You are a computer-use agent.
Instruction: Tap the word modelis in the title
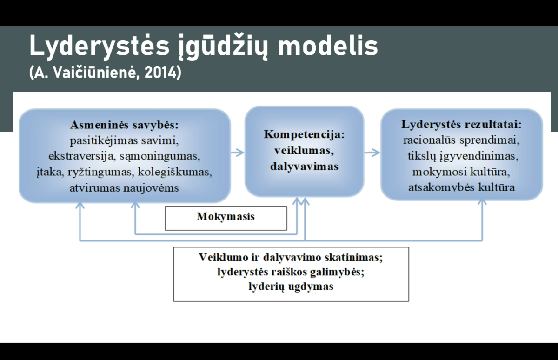tap(327, 46)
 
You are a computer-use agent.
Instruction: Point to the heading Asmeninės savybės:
tap(124, 125)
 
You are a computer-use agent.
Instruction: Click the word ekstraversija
tap(82, 156)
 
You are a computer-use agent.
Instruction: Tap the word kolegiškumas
tap(175, 172)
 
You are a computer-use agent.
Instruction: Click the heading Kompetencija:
tap(304, 134)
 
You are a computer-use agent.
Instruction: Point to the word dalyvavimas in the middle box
tap(304, 167)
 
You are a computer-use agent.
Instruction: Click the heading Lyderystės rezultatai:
tap(461, 124)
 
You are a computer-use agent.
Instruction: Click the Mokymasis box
tap(226, 218)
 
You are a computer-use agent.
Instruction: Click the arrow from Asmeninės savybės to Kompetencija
tap(238, 153)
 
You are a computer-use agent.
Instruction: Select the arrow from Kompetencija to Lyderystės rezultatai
tap(372, 153)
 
